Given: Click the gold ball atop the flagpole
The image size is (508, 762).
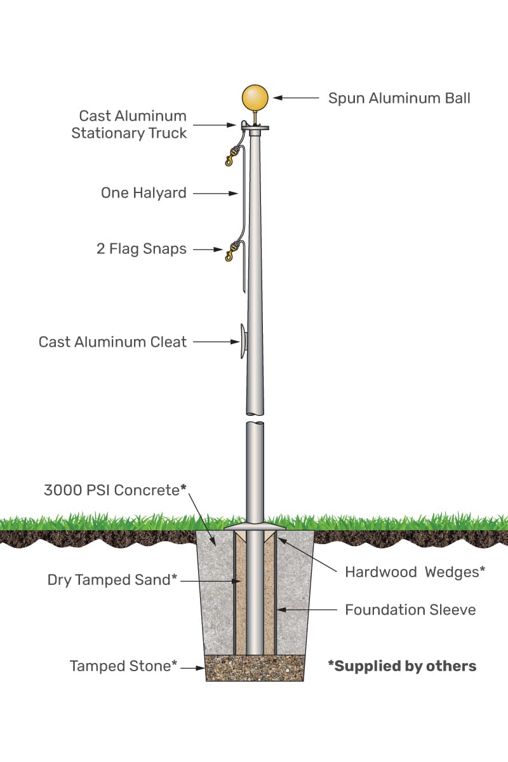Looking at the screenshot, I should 255,98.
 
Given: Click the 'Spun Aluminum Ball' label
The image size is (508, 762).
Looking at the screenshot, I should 399,98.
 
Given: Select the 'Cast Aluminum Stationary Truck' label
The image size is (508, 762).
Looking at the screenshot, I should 129,124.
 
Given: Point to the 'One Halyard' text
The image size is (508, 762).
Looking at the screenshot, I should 144,193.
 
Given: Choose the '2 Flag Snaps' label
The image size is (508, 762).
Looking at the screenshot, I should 142,249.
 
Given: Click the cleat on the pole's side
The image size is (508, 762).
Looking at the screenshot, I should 243,342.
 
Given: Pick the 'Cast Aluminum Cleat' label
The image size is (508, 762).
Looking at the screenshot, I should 113,342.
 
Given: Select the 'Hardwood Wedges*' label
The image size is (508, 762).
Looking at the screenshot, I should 415,572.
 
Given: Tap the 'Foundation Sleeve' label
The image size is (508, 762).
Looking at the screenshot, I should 410,610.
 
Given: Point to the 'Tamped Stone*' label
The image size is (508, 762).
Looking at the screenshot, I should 123,666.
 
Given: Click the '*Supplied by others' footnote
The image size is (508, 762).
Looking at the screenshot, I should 402,666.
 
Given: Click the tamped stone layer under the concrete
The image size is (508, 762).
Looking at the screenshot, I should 254,668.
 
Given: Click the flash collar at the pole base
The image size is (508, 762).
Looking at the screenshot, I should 255,527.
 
